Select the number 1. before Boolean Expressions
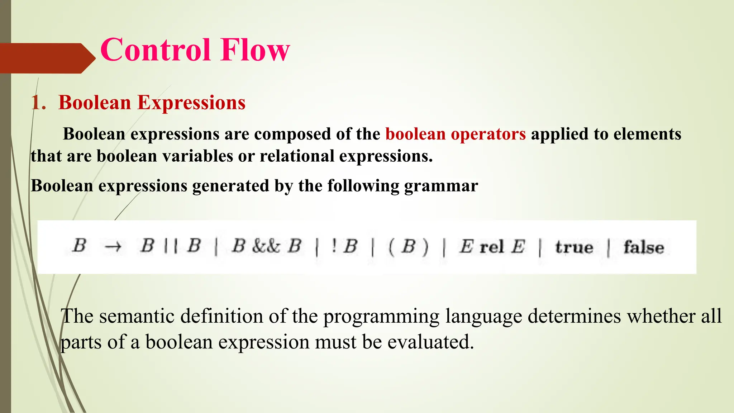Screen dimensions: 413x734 pyautogui.click(x=38, y=103)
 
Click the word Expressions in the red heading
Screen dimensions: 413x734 pyautogui.click(x=191, y=103)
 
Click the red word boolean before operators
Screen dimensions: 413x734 pyautogui.click(x=415, y=134)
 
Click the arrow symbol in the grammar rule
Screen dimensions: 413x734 pyautogui.click(x=113, y=247)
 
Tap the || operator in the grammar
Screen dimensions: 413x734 pyautogui.click(x=170, y=247)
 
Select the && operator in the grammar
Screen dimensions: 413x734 pyautogui.click(x=266, y=247)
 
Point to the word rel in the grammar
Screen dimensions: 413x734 pyautogui.click(x=492, y=247)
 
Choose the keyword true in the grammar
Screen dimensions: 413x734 pyautogui.click(x=574, y=247)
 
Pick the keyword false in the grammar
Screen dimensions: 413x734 pyautogui.click(x=643, y=247)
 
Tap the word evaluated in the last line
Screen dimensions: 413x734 pyautogui.click(x=430, y=342)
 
